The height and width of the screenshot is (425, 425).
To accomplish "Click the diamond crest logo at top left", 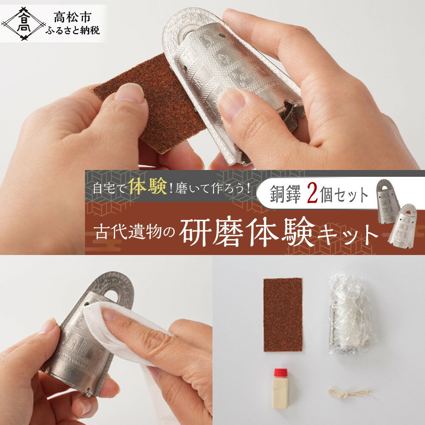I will point(23,24).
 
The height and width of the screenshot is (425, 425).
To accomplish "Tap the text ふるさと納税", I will point(73,31).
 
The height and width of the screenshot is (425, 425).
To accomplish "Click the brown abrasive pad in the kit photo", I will point(283,314).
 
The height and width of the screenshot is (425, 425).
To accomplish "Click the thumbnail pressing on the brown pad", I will point(130,93).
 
